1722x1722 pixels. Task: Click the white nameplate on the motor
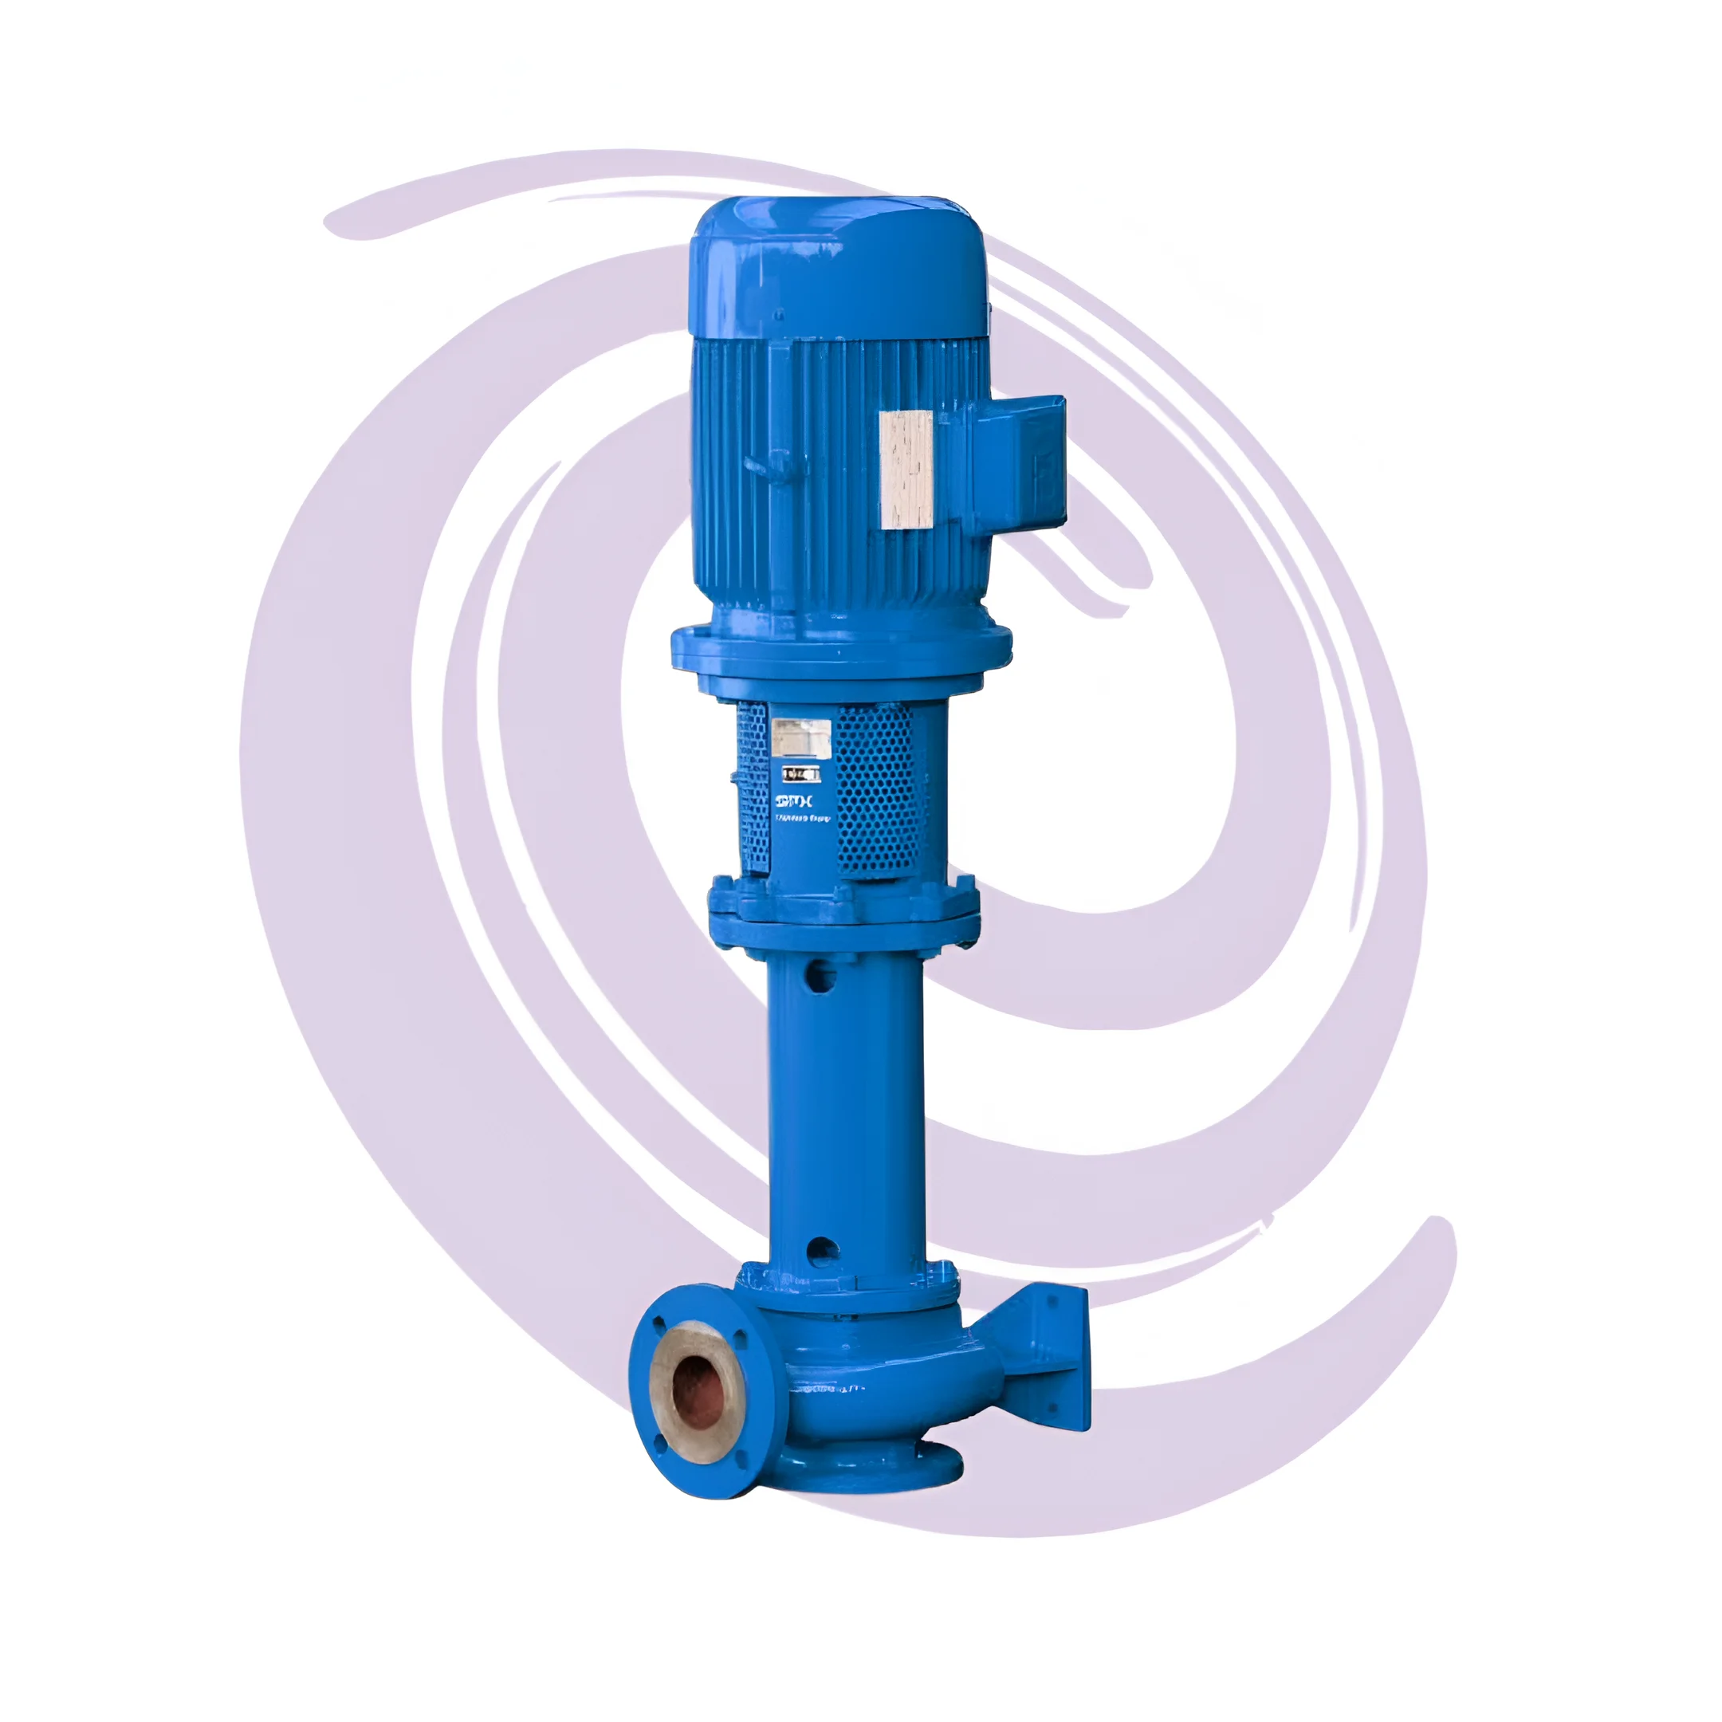906,470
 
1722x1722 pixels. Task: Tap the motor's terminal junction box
1020,466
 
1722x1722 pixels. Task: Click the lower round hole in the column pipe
821,1252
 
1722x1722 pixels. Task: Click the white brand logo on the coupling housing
793,801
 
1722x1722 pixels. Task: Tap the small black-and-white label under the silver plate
800,773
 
